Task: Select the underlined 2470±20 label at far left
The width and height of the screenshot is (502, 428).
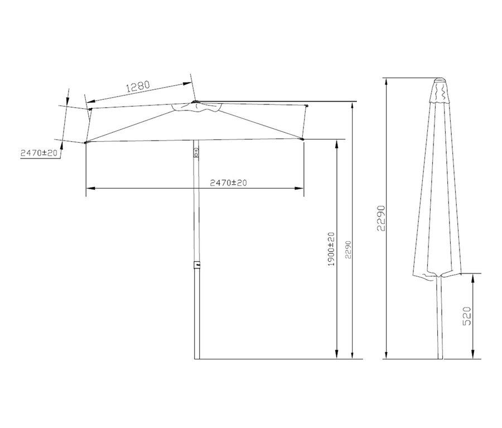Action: tap(39, 153)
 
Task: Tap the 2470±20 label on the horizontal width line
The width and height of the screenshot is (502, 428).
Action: tap(228, 182)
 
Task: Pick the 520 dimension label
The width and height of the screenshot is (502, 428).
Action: tap(467, 316)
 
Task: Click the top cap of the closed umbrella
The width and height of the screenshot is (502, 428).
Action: tap(440, 79)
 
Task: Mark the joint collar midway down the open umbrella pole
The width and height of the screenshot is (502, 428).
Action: tap(196, 266)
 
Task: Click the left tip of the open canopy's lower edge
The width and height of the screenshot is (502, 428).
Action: tap(86, 143)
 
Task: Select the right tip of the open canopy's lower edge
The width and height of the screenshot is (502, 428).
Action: tap(303, 139)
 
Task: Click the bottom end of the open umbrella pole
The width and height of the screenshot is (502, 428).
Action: tap(196, 358)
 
